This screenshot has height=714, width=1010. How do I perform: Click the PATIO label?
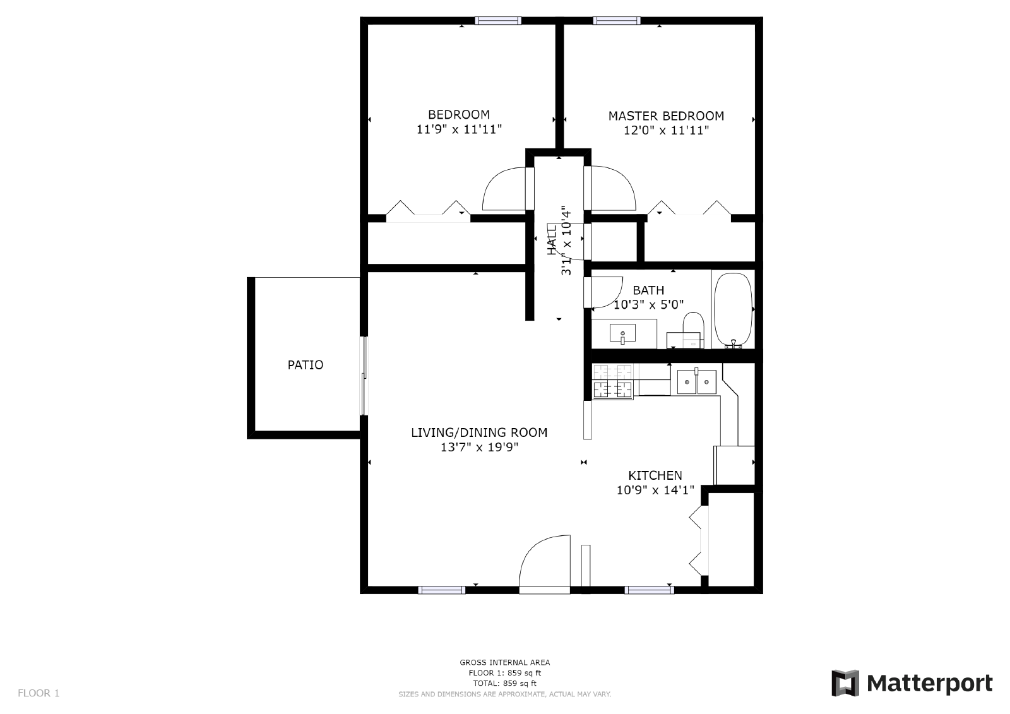[306, 365]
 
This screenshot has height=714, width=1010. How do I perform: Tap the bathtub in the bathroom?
[733, 309]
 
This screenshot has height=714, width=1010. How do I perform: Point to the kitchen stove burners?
[612, 383]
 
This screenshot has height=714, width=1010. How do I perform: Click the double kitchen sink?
[696, 381]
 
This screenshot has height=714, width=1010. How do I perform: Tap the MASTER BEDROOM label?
[666, 116]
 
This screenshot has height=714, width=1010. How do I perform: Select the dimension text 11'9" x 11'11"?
[459, 130]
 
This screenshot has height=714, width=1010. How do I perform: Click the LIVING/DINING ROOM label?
[479, 432]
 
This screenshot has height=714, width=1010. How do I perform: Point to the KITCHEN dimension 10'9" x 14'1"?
[655, 490]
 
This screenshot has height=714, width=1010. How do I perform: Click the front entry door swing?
[543, 562]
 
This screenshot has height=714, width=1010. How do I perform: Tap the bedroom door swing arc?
[502, 189]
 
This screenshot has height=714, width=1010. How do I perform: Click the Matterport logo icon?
[845, 683]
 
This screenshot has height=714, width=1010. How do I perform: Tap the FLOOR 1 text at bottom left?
[39, 693]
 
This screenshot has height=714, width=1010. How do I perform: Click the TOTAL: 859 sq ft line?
[504, 683]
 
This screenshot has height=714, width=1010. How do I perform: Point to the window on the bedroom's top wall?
[498, 21]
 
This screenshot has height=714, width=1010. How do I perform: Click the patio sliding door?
[364, 376]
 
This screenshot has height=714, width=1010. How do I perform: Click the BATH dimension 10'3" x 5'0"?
[648, 305]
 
